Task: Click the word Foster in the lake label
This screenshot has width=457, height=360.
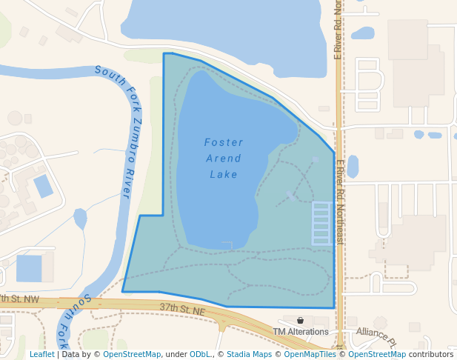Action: click(224, 141)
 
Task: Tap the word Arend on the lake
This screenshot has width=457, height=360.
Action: click(224, 158)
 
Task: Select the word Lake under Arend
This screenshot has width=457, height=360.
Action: click(224, 174)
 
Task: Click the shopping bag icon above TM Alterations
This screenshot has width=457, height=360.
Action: click(300, 320)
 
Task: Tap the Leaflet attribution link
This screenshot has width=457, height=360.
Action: click(42, 354)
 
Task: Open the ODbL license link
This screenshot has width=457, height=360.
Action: click(200, 354)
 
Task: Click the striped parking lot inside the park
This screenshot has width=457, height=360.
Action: click(321, 223)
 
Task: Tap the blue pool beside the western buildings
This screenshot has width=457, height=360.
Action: click(43, 185)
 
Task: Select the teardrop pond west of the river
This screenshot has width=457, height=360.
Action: click(80, 219)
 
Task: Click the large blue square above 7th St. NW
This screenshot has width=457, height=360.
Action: click(30, 268)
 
